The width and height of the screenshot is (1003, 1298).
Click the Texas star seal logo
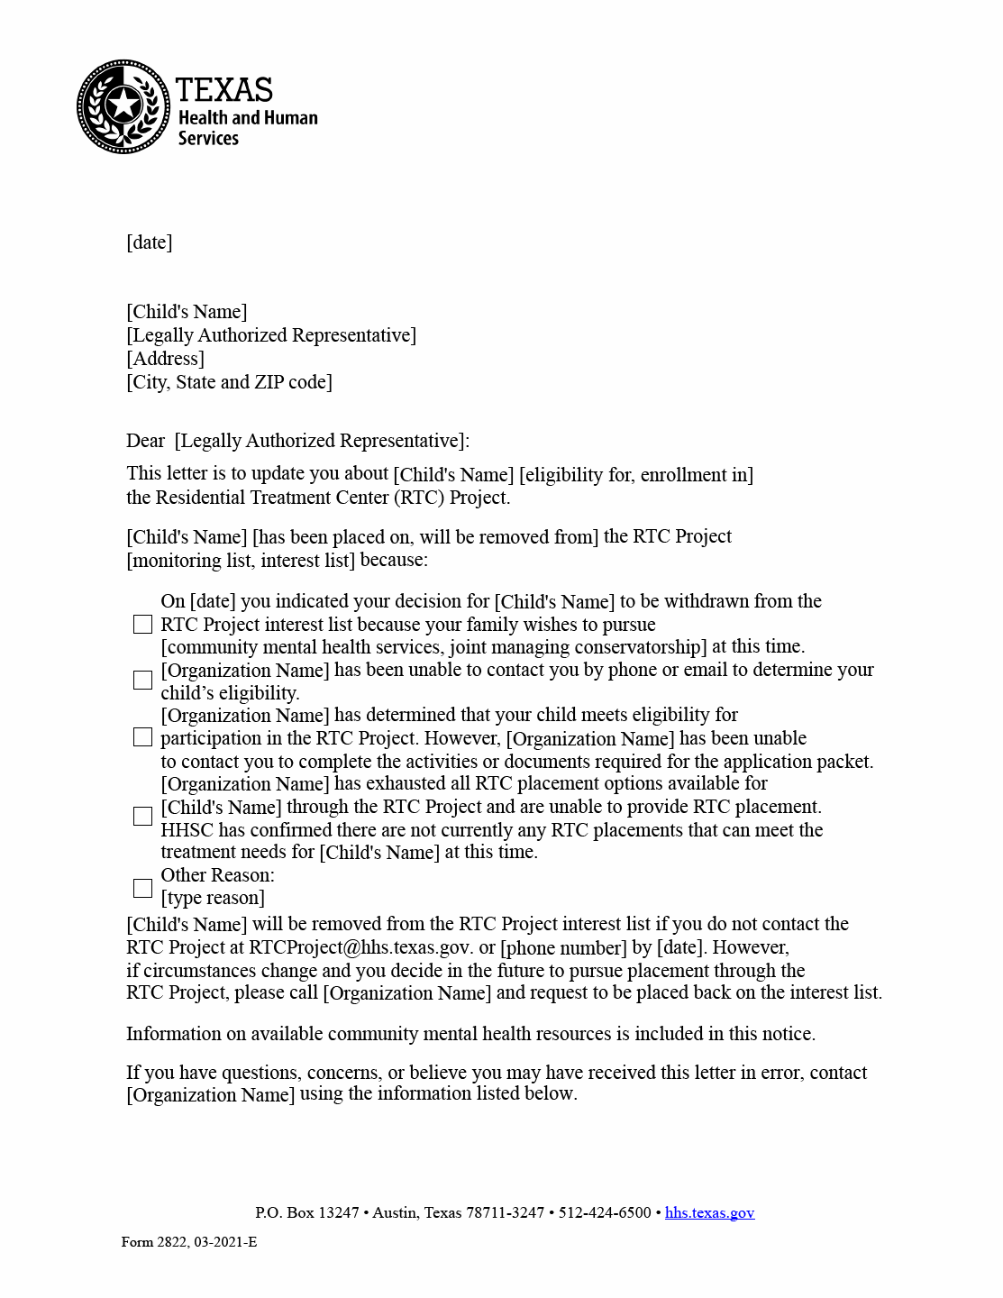click(123, 106)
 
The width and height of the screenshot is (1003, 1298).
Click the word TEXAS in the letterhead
click(223, 90)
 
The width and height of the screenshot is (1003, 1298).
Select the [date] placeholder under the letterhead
click(149, 242)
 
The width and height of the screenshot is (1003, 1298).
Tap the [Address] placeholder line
click(165, 359)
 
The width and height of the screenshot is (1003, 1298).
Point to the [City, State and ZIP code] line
click(229, 382)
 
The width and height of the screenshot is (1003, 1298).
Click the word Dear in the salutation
click(145, 441)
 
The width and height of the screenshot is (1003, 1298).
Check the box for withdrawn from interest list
click(142, 625)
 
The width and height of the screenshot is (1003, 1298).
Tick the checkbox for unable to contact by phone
click(142, 681)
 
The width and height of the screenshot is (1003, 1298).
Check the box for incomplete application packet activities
click(142, 737)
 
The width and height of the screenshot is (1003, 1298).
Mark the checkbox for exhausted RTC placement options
click(142, 817)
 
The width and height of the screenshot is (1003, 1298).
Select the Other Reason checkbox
click(142, 889)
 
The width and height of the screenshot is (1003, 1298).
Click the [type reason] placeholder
click(213, 898)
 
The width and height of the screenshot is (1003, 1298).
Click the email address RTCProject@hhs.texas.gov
click(360, 947)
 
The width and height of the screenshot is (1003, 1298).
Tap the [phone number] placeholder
click(563, 948)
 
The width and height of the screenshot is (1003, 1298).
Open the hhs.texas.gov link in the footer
click(709, 1213)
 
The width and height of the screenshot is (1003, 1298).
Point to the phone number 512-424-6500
click(605, 1213)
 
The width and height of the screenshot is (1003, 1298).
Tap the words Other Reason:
click(217, 875)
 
